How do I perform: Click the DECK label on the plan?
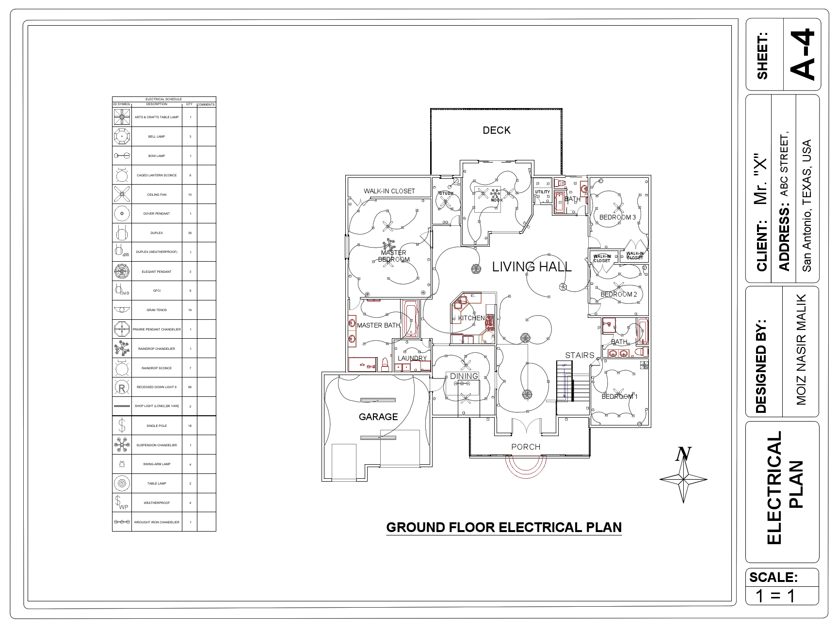pyautogui.click(x=497, y=130)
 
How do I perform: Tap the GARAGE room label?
pyautogui.click(x=378, y=417)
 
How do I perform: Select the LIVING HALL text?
pyautogui.click(x=532, y=267)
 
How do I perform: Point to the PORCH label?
pyautogui.click(x=526, y=447)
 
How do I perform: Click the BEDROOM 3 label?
pyautogui.click(x=617, y=217)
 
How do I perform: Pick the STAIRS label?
pyautogui.click(x=580, y=355)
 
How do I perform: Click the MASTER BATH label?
pyautogui.click(x=378, y=325)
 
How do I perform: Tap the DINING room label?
pyautogui.click(x=464, y=376)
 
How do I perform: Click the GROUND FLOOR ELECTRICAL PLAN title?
pyautogui.click(x=504, y=527)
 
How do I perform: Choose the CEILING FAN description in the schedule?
pyautogui.click(x=157, y=195)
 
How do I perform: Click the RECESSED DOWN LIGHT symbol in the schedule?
pyautogui.click(x=122, y=387)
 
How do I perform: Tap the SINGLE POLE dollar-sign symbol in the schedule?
pyautogui.click(x=122, y=425)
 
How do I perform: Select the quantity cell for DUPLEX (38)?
pyautogui.click(x=190, y=233)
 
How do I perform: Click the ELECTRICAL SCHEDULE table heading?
pyautogui.click(x=164, y=99)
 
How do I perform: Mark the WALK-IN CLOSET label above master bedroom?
pyautogui.click(x=389, y=191)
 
